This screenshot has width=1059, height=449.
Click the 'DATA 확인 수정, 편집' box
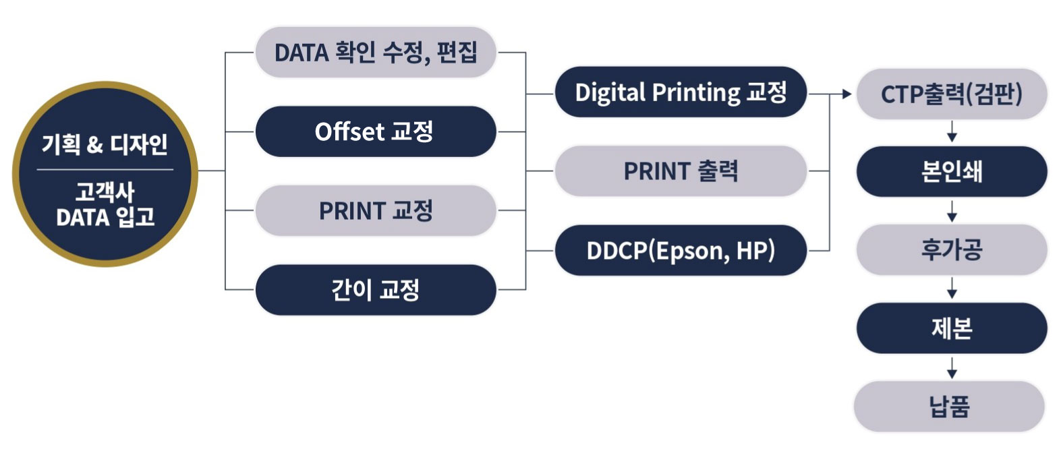(376, 53)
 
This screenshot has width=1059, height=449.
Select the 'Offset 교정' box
(376, 131)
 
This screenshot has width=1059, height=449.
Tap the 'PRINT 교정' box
(376, 211)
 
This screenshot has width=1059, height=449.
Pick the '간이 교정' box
(376, 290)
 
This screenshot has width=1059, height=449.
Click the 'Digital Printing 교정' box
(681, 92)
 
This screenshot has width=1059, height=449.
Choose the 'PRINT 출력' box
(681, 171)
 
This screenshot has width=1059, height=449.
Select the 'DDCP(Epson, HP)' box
(681, 251)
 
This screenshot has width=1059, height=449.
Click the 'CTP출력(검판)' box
(952, 94)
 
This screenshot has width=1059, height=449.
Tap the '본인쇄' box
(952, 171)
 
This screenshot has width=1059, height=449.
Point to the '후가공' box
(952, 250)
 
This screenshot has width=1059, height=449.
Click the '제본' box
(952, 328)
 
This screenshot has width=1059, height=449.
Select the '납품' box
(949, 407)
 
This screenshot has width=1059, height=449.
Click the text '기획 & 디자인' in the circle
(105, 144)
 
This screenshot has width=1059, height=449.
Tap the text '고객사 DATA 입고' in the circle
(105, 205)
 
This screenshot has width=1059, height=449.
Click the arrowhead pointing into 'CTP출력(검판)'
(847, 94)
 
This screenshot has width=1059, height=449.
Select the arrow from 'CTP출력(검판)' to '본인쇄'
(952, 131)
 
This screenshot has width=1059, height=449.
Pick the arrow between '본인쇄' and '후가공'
(952, 211)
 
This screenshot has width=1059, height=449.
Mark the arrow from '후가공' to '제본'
(952, 288)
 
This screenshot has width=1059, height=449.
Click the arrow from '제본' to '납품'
(952, 368)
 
